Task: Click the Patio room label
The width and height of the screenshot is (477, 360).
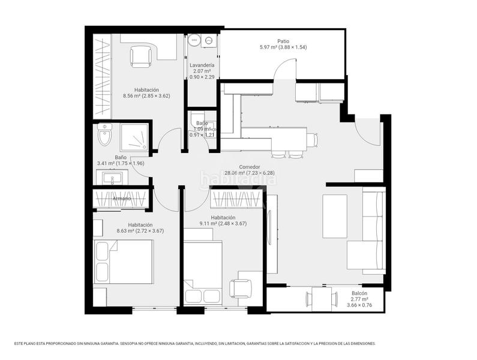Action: pyautogui.click(x=283, y=41)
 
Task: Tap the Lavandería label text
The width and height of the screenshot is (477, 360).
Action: pyautogui.click(x=202, y=65)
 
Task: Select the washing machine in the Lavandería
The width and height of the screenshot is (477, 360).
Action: pyautogui.click(x=209, y=41)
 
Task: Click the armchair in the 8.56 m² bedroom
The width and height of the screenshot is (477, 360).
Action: pyautogui.click(x=140, y=56)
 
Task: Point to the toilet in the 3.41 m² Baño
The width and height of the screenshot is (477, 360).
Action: pyautogui.click(x=104, y=137)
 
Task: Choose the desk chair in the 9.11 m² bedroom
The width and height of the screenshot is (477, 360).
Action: pyautogui.click(x=242, y=289)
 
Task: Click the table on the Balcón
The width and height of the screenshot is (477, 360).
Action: pyautogui.click(x=320, y=299)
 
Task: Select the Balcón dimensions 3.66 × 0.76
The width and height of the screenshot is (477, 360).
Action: pyautogui.click(x=360, y=305)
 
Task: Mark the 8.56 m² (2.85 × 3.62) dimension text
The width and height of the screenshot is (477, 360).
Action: pyautogui.click(x=146, y=95)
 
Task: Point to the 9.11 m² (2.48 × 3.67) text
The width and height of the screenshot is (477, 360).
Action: pyautogui.click(x=223, y=224)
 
